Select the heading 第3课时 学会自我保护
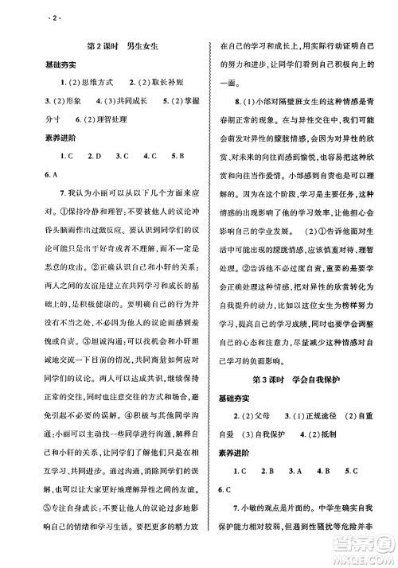point(296,375)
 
